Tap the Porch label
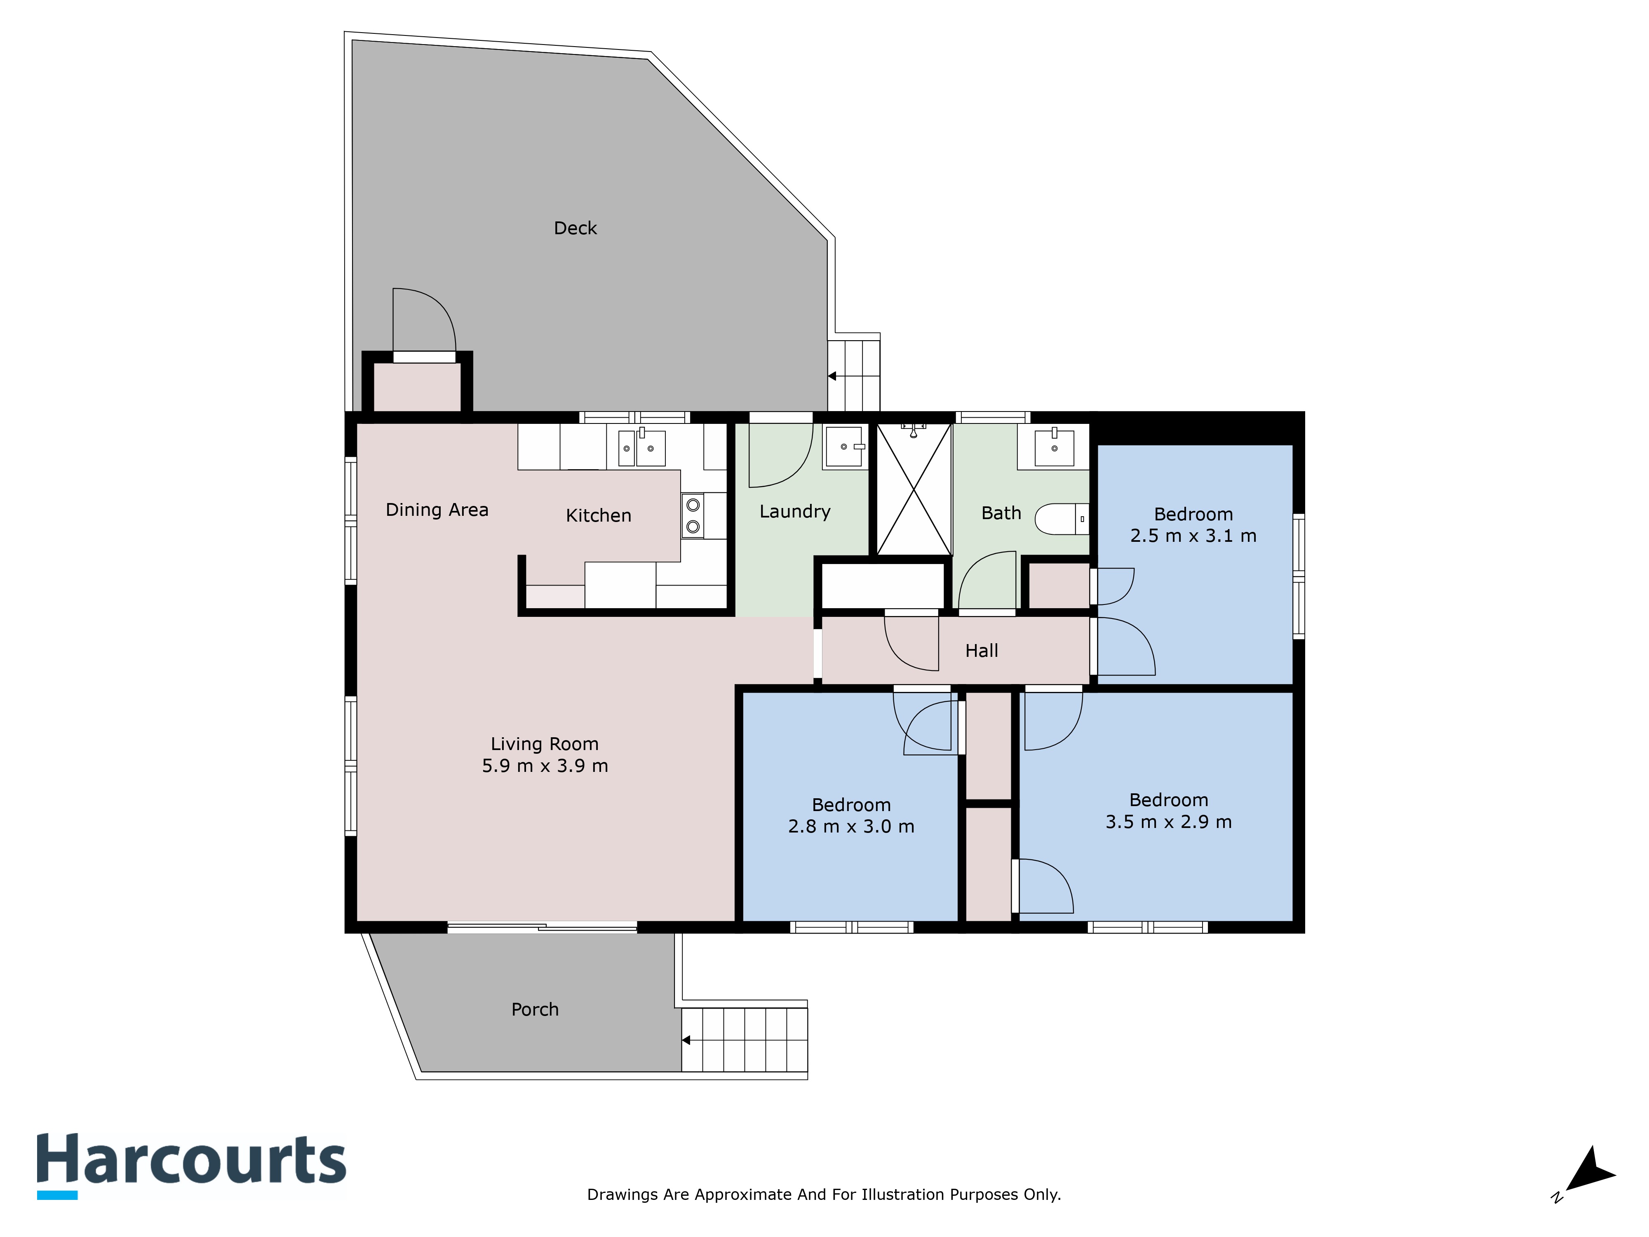(535, 1009)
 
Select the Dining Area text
(437, 510)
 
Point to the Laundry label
(795, 512)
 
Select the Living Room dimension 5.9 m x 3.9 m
(545, 766)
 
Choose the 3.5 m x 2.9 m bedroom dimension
(1168, 822)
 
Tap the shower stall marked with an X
(914, 489)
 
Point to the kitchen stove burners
(693, 515)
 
